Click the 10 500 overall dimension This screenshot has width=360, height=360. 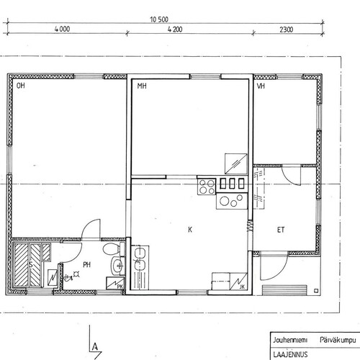159,19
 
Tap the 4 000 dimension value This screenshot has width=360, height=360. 62,29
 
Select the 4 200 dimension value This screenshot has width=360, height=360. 175,30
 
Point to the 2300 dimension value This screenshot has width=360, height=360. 287,30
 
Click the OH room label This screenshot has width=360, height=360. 21,86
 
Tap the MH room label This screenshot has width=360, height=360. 142,86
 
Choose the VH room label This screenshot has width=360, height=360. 261,86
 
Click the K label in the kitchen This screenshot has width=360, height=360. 190,230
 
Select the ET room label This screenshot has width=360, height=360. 281,230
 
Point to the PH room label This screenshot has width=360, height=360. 86,265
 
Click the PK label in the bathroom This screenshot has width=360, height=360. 120,286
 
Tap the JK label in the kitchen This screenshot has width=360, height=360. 242,287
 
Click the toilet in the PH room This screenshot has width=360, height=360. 114,248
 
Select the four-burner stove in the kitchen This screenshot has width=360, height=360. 207,186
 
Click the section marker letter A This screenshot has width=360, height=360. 95,346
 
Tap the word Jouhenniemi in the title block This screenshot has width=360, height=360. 290,340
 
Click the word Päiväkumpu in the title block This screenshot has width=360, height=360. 338,341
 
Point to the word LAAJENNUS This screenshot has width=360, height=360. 290,354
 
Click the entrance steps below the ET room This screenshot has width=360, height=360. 284,290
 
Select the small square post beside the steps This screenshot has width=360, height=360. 316,291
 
